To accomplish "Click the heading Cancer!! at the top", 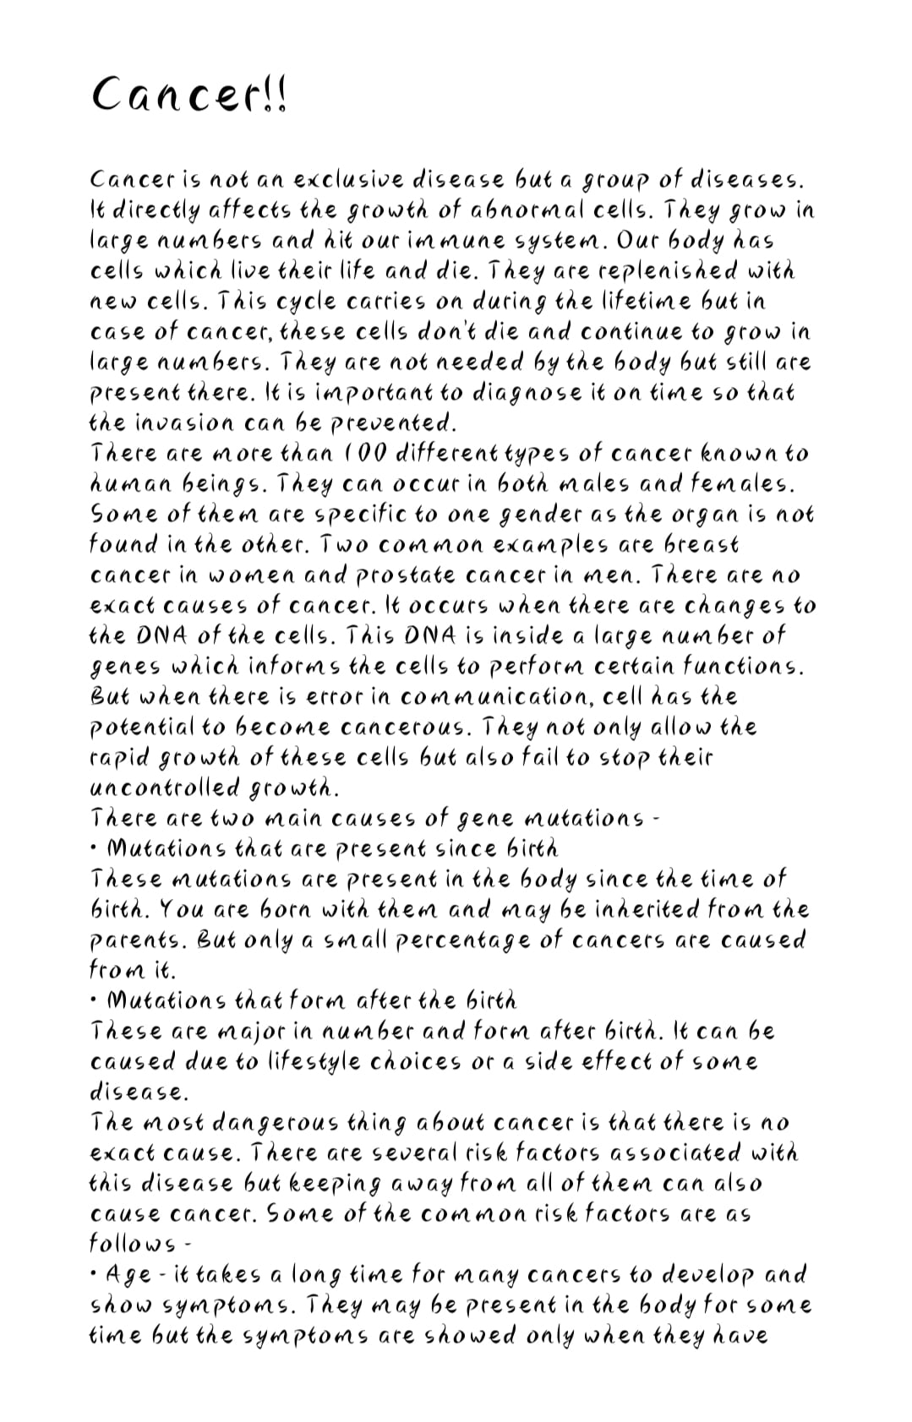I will point(189,94).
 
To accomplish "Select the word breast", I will point(696,545).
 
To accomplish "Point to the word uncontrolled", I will point(165,788).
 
